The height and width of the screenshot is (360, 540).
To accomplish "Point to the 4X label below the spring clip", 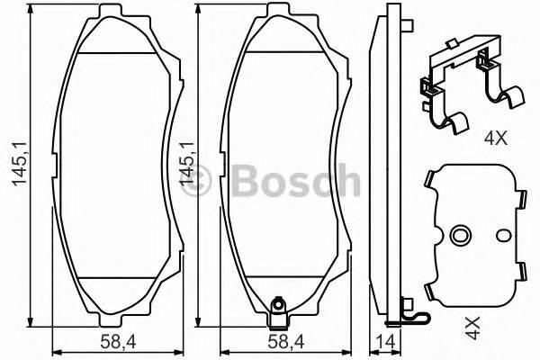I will click(496, 139).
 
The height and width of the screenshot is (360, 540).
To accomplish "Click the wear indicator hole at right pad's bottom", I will click(278, 315).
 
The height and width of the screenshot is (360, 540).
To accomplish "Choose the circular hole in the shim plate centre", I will click(461, 237).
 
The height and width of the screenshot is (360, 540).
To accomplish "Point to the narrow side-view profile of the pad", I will click(391, 162).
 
